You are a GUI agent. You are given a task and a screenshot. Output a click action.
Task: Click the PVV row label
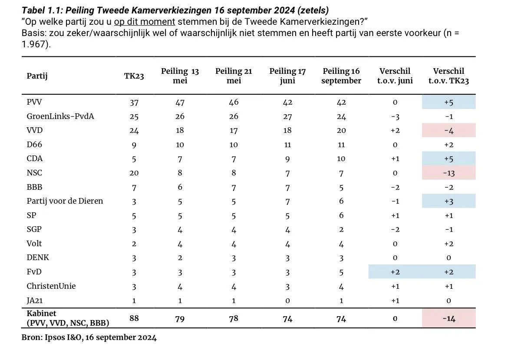pos(34,102)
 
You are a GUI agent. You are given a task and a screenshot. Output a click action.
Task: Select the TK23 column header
pos(134,76)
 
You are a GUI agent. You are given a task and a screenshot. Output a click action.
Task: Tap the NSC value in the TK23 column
pos(134,173)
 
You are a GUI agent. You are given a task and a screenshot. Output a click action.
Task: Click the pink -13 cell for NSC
pos(449,173)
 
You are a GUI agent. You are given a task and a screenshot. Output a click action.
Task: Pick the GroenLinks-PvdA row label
pos(60,116)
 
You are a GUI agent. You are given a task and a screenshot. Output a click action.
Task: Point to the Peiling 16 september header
pos(341,76)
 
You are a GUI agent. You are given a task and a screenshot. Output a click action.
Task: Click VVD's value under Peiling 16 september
pos(341,130)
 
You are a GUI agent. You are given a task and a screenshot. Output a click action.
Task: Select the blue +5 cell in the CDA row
pos(449,159)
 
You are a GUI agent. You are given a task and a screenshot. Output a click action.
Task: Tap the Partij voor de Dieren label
pos(65,201)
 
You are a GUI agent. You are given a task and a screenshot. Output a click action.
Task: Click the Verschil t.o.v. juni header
pos(395,76)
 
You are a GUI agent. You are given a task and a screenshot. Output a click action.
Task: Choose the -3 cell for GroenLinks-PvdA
pos(395,116)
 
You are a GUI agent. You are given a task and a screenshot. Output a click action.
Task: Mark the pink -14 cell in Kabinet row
pos(449,318)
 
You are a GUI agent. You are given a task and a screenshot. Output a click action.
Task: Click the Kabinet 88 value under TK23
pos(134,318)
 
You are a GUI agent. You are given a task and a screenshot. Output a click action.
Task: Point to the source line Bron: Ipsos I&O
pos(89,337)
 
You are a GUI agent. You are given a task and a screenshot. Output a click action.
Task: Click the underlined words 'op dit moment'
pos(145,22)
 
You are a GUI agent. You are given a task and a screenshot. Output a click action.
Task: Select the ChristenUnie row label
pos(51,286)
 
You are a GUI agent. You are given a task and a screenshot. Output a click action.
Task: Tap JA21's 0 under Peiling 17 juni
pos(287,301)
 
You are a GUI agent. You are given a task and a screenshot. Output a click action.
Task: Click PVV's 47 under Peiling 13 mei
pos(180,102)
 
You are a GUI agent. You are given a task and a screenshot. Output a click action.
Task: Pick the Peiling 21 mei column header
pos(234,76)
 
